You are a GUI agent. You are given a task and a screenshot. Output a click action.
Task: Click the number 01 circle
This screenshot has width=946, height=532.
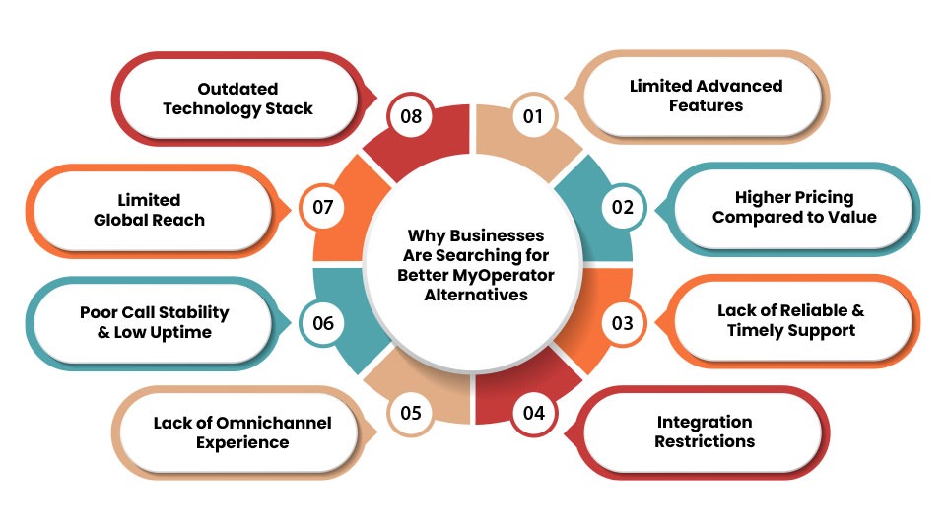(533, 116)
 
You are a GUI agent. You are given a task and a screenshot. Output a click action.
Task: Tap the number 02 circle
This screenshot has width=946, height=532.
(622, 207)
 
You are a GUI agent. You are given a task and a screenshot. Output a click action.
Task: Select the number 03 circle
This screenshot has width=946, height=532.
(622, 322)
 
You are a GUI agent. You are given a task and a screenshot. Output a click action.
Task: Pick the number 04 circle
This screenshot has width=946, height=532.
(533, 412)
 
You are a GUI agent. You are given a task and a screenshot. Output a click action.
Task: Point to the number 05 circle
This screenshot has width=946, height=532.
(411, 412)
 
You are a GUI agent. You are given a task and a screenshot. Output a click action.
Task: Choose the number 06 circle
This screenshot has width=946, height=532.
(323, 322)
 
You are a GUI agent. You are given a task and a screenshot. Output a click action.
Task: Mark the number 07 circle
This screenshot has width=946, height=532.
(323, 207)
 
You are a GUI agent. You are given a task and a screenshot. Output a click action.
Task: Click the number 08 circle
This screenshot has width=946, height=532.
(411, 116)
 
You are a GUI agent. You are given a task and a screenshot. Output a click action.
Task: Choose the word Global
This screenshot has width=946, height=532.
(124, 219)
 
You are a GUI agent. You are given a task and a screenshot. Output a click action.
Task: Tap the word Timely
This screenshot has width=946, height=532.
(759, 330)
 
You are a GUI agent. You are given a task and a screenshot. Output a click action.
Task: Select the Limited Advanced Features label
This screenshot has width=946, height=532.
(705, 96)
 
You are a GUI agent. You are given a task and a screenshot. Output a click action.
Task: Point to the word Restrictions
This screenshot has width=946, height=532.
(705, 441)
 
